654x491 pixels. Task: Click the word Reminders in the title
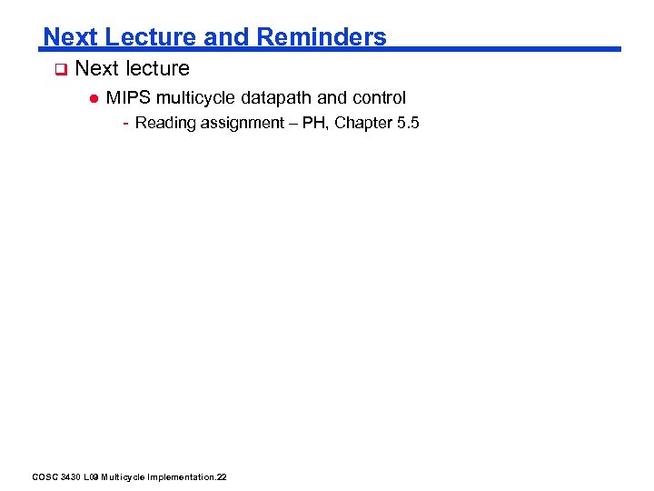coord(322,37)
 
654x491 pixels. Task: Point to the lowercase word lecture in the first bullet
coord(158,68)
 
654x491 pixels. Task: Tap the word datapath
coord(277,97)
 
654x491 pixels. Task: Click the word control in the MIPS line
coord(379,97)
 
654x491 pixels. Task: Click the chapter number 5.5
coord(408,123)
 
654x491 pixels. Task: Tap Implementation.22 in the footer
coord(191,476)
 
